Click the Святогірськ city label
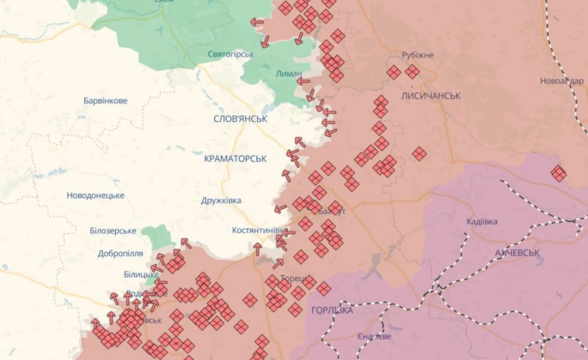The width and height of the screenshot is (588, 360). click(231, 54)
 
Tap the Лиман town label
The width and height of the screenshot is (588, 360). click(288, 73)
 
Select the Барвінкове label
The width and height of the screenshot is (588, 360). click(105, 101)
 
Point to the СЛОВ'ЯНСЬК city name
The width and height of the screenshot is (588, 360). click(240, 118)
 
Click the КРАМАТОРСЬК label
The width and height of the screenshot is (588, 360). click(235, 159)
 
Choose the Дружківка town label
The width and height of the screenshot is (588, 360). click(221, 200)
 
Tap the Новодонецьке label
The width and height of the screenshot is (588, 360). click(95, 195)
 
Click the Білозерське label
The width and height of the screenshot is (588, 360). click(113, 231)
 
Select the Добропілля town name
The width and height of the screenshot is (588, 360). click(120, 254)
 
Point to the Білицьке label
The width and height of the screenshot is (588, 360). click(141, 274)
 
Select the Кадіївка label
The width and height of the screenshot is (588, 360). click(482, 221)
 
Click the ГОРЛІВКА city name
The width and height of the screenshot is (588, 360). click(332, 310)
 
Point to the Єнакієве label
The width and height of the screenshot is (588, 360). click(374, 336)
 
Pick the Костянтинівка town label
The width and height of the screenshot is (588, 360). click(258, 230)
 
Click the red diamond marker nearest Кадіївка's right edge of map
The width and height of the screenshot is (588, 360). click(558, 173)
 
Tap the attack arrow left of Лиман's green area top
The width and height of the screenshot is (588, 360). click(257, 22)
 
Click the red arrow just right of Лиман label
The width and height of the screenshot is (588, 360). click(303, 81)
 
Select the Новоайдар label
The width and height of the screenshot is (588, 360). click(562, 81)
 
